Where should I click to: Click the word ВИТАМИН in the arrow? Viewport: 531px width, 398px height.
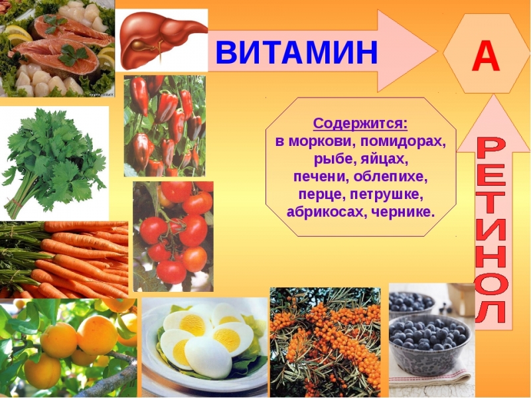pos(297,52)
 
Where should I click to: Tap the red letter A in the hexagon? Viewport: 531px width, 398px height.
pos(486,58)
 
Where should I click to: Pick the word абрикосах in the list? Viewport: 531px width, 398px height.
pos(319,212)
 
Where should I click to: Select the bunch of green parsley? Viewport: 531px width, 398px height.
pos(53,159)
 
